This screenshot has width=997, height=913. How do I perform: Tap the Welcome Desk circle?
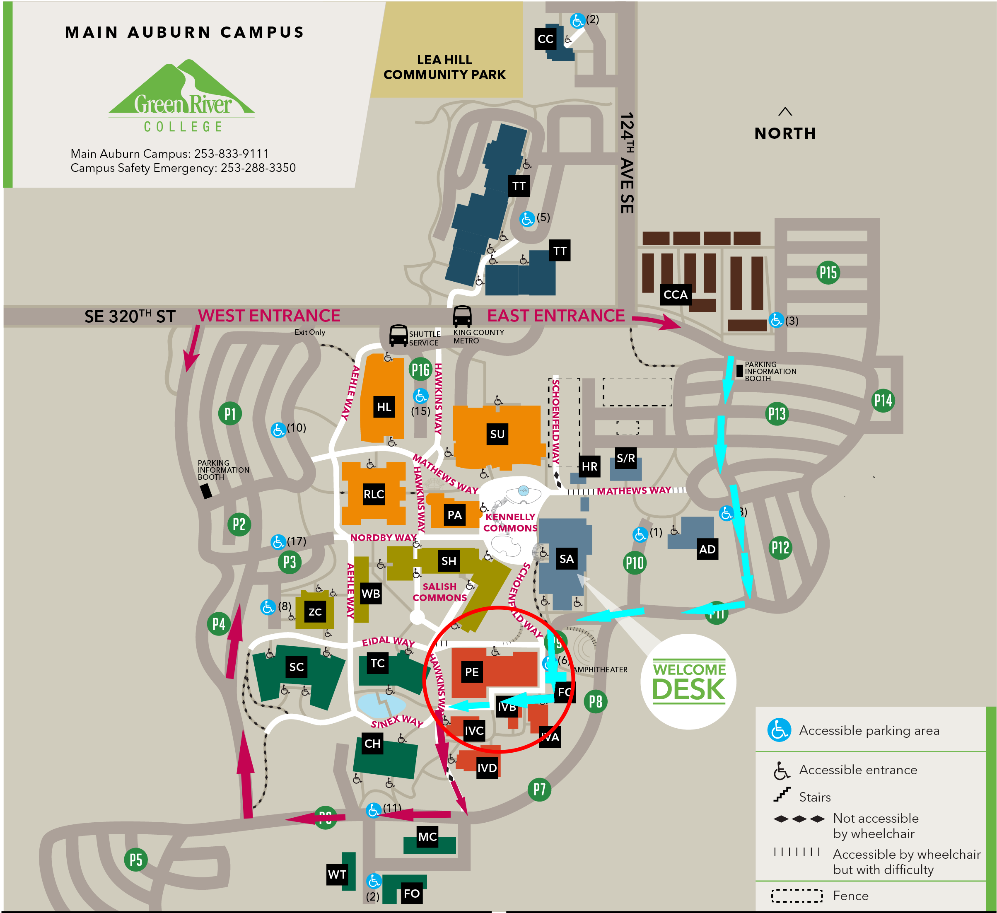pyautogui.click(x=688, y=681)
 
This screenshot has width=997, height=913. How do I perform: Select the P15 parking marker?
pyautogui.click(x=828, y=273)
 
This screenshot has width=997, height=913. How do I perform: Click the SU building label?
pyautogui.click(x=497, y=434)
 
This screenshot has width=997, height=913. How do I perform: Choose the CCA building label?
pyautogui.click(x=675, y=295)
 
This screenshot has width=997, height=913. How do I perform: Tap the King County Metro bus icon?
pyautogui.click(x=462, y=316)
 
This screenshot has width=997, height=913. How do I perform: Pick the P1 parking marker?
pyautogui.click(x=230, y=413)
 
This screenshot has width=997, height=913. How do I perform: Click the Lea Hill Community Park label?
pyautogui.click(x=444, y=67)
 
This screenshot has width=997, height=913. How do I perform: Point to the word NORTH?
pyautogui.click(x=785, y=133)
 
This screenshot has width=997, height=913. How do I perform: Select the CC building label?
pyautogui.click(x=545, y=39)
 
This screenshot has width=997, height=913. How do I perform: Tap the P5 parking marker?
pyautogui.click(x=135, y=860)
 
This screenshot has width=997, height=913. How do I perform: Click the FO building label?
pyautogui.click(x=411, y=893)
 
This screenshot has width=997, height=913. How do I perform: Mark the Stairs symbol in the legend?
pyautogui.click(x=782, y=795)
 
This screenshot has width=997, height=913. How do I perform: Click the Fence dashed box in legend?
pyautogui.click(x=797, y=896)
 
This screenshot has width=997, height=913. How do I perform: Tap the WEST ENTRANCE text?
pyautogui.click(x=269, y=316)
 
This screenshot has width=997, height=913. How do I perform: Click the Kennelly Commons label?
pyautogui.click(x=510, y=522)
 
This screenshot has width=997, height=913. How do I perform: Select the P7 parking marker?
pyautogui.click(x=539, y=790)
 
